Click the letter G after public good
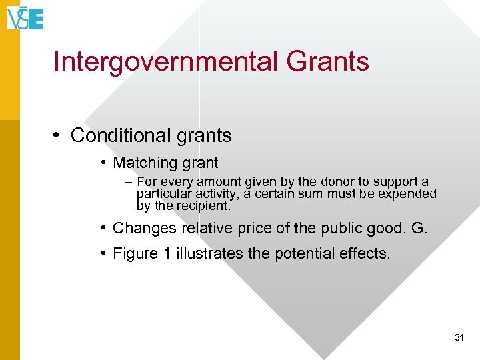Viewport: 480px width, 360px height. coord(419,228)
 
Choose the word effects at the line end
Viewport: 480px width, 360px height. coord(366,253)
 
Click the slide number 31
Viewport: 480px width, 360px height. coord(459,338)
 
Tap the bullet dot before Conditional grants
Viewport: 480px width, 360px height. coord(59,136)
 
